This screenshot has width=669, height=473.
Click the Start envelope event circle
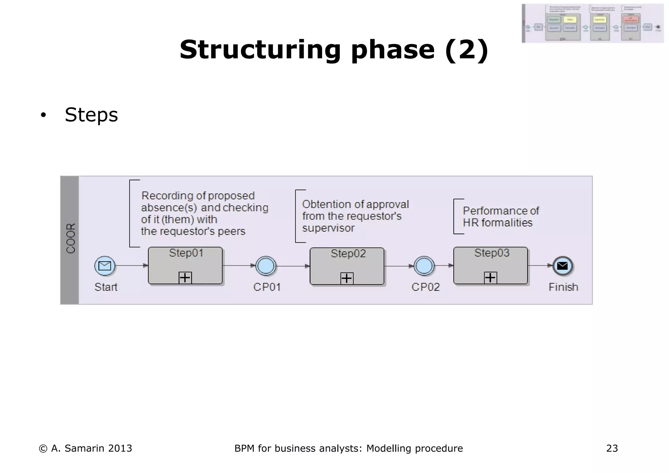tap(105, 266)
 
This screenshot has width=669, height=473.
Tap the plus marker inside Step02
tap(347, 278)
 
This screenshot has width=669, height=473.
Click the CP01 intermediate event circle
tap(266, 266)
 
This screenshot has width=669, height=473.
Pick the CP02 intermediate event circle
tap(424, 266)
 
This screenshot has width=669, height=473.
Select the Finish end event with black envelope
tap(563, 266)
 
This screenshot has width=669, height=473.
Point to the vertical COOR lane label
tap(71, 238)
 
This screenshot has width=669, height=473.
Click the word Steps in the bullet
tap(91, 115)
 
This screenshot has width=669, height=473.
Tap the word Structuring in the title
tap(260, 50)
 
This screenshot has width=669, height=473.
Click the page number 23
tap(612, 449)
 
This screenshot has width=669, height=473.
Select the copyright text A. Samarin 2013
tap(86, 449)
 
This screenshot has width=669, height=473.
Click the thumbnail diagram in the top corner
tap(592, 24)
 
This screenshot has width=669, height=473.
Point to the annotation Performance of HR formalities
tap(500, 217)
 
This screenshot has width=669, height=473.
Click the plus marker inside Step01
tap(185, 278)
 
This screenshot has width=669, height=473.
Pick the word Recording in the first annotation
tap(167, 196)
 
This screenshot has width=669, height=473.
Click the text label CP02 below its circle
tap(425, 287)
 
